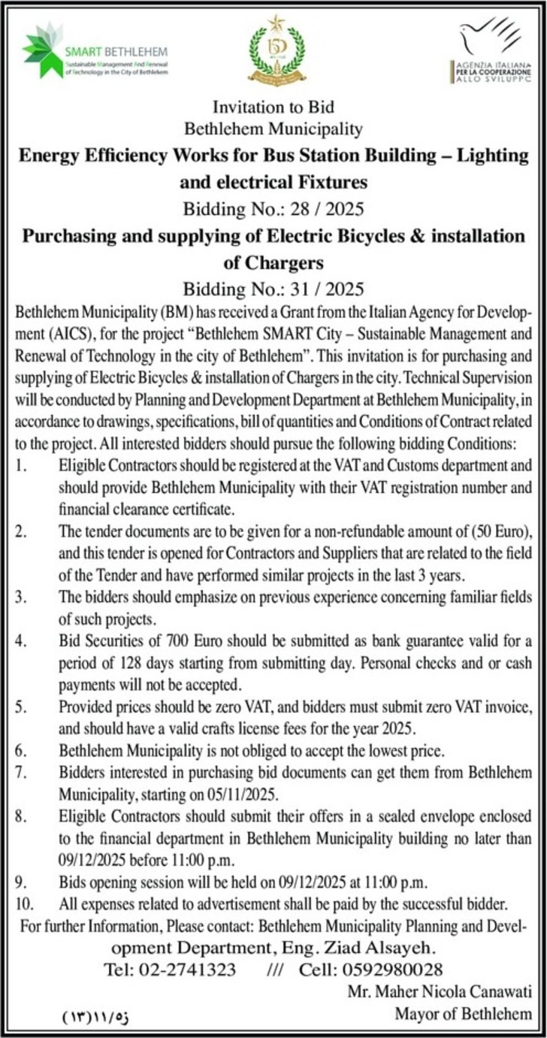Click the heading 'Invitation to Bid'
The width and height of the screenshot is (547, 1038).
[x=273, y=107]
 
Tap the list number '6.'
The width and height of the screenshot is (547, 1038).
[x=22, y=749]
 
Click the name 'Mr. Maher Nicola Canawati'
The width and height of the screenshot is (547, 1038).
[x=439, y=992]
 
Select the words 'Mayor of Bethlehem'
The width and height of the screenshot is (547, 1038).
[x=463, y=1014]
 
